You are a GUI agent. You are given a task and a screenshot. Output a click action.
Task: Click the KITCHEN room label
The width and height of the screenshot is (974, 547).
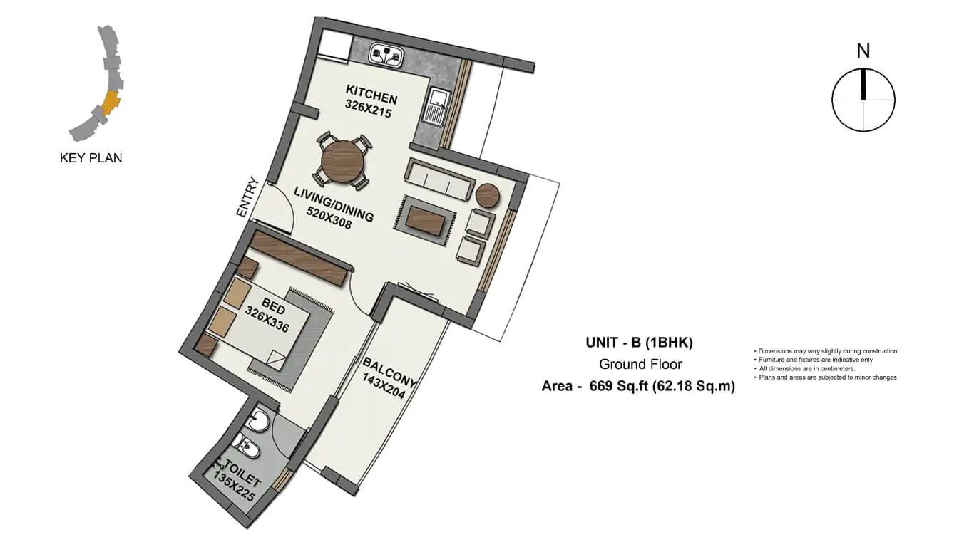(x=371, y=95)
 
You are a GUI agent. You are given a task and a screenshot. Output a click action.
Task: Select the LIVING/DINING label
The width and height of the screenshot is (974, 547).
(x=334, y=204)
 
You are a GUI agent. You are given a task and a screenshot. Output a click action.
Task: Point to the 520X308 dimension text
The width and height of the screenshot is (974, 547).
(x=329, y=218)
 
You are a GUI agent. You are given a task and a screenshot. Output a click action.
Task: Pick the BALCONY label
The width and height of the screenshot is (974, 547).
(x=389, y=372)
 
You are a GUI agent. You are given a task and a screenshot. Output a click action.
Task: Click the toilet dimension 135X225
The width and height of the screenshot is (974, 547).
(x=233, y=486)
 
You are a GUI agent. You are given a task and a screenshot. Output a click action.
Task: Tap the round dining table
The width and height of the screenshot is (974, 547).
(x=342, y=161)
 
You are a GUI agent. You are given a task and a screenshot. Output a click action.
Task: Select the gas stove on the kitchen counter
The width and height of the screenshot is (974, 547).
(x=386, y=56)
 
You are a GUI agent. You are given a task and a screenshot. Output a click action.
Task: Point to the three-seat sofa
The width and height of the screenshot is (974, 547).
(x=439, y=179)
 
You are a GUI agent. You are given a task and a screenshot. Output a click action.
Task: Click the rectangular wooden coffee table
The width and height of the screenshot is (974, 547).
(x=426, y=221)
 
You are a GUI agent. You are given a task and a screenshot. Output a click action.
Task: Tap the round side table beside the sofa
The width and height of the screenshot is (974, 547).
(x=488, y=196)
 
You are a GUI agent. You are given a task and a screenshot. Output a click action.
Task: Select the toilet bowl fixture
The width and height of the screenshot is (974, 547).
(x=246, y=445)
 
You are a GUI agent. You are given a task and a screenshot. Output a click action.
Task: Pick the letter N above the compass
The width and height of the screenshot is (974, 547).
(x=863, y=51)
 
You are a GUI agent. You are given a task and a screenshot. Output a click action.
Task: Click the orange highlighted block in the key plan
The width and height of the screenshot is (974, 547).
(x=110, y=103)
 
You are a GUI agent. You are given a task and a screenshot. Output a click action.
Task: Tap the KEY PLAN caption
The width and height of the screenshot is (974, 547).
(x=91, y=157)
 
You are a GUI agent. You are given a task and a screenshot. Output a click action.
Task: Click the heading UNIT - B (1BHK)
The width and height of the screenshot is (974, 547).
(x=639, y=343)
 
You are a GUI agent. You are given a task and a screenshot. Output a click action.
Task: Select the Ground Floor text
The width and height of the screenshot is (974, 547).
(x=640, y=364)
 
